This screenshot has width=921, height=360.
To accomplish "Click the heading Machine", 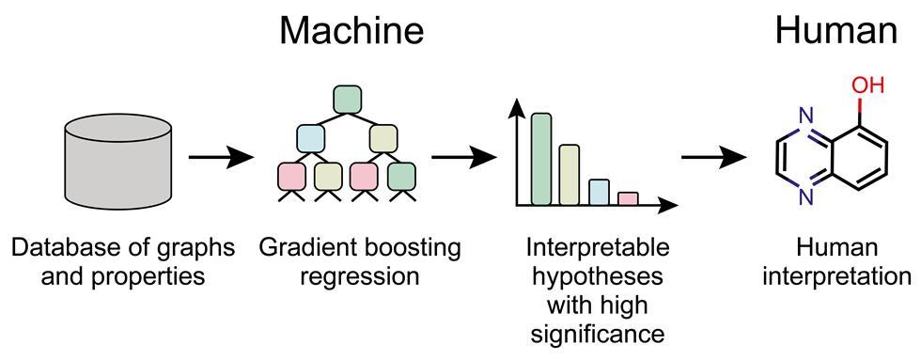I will pos(351,31).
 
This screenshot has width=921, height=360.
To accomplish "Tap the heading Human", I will pos(835,31).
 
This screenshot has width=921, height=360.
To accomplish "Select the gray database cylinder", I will pos(118,157).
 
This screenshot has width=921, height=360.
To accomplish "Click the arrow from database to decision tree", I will pos(222,157).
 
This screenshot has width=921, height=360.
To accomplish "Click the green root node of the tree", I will pos(348,99).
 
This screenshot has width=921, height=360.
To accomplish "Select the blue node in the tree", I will pos(311,138).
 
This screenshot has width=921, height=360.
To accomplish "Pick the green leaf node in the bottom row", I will pos(401,175).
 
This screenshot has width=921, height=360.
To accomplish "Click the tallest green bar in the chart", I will pos(541,158).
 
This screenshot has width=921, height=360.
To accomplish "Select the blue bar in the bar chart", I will pos(599,191).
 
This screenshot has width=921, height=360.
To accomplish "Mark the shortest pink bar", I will pos(628,197).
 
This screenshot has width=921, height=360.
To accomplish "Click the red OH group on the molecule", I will pos(867,86).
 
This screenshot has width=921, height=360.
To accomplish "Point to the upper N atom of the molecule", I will pos(805,117).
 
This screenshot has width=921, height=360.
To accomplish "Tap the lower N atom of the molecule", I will pos(805,196).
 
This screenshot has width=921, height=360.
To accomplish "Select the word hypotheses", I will pos(598,278).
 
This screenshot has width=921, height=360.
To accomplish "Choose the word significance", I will pos(598,335).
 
